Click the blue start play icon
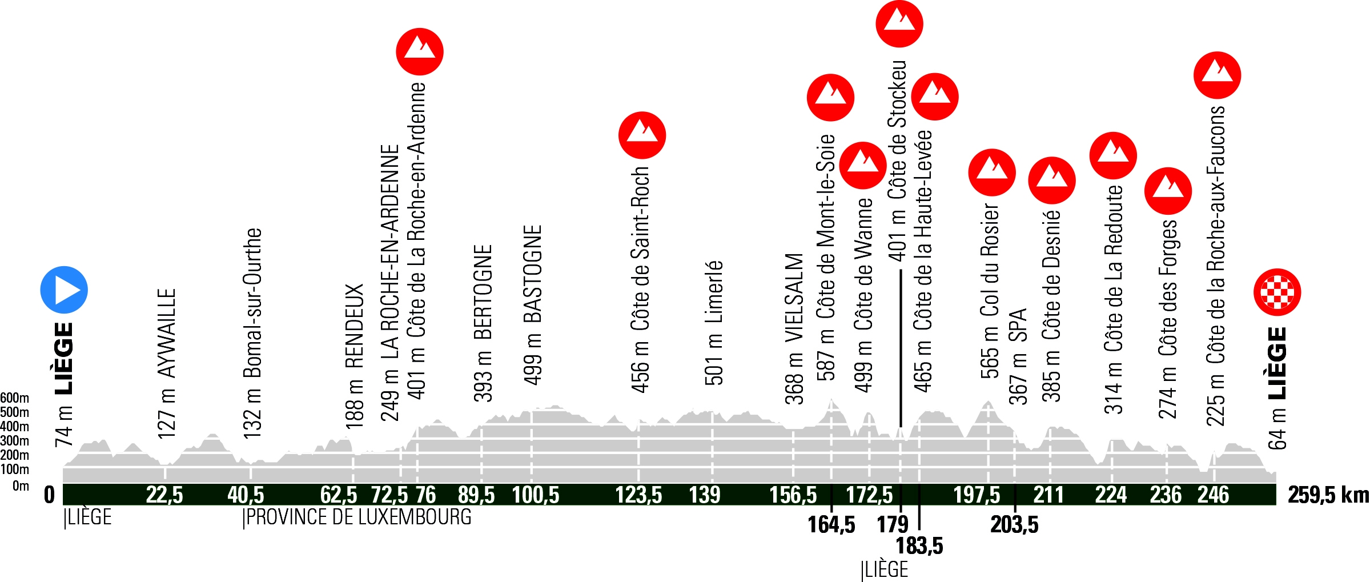tap(64, 290)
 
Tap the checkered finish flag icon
tap(1277, 292)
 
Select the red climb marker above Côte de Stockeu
tap(899, 23)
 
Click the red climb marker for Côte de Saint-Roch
tap(642, 135)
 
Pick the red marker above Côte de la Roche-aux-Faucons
tap(1217, 75)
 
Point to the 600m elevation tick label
tap(14, 398)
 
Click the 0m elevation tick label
tap(21, 486)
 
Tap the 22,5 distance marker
tap(164, 495)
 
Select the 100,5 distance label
tap(535, 495)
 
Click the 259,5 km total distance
tap(1328, 495)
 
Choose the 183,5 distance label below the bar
tap(919, 546)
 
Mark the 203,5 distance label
tap(1014, 524)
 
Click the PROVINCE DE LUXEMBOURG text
tap(358, 517)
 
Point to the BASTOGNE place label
tap(532, 274)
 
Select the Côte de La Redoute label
tap(1114, 268)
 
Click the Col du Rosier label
tap(990, 260)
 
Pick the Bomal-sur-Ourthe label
tap(252, 303)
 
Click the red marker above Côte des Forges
tap(1168, 191)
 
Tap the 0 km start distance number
tap(50, 495)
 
